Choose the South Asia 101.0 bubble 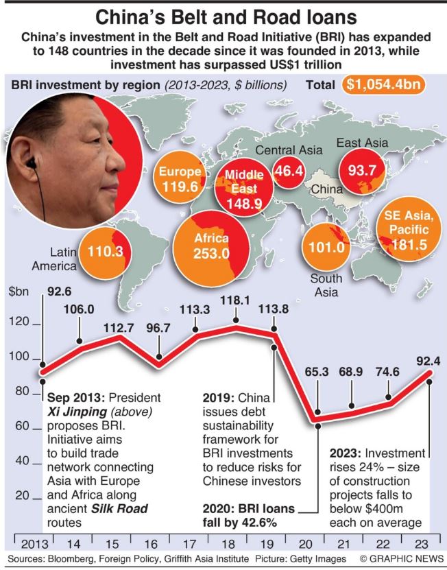coord(326,248)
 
